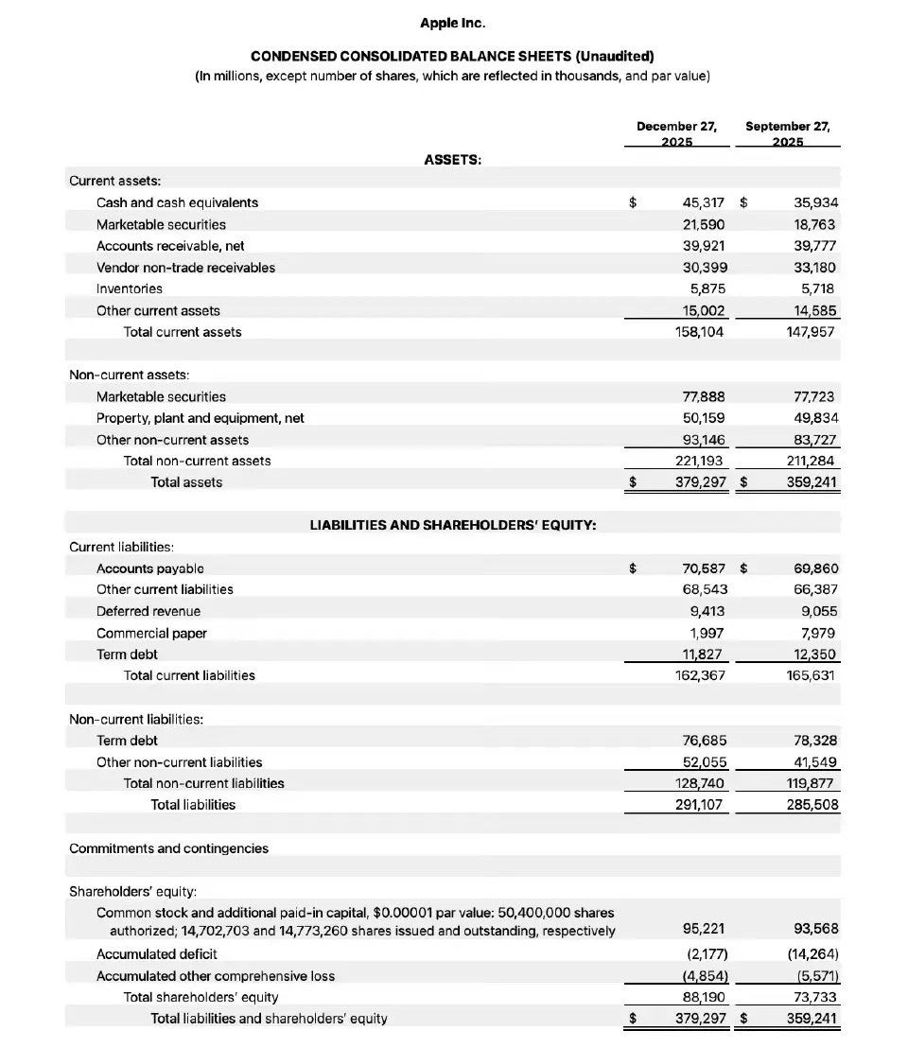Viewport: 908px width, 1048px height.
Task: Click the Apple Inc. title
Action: [452, 23]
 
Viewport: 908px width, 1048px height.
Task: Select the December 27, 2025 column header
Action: [676, 133]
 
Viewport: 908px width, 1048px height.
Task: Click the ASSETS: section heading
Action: [452, 160]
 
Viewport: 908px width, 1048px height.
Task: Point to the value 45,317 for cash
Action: [703, 202]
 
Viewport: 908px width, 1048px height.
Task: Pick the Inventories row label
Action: [130, 288]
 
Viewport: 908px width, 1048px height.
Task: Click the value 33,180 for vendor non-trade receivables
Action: [814, 268]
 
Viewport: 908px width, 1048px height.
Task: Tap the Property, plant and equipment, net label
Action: [200, 418]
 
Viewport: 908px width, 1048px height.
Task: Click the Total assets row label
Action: [186, 482]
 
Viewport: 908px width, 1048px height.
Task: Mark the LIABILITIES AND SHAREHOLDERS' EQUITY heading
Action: [453, 525]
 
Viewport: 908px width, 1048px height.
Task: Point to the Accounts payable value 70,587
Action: [703, 568]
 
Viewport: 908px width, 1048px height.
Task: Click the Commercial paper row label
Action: [151, 633]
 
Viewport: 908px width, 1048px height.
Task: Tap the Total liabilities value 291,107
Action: [697, 805]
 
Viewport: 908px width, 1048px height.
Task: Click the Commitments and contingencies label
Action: [168, 848]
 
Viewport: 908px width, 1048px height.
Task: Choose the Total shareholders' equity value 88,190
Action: [703, 997]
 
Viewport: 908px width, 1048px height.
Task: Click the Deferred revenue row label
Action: [148, 611]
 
